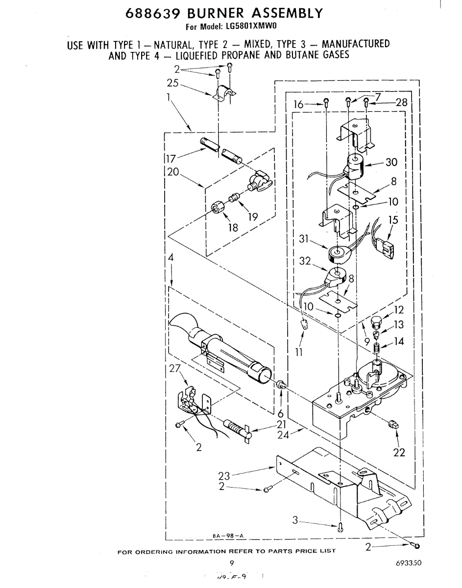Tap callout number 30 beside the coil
tap(391, 162)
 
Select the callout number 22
tap(399, 452)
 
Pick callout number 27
tap(175, 369)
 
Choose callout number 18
tap(232, 227)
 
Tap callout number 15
tap(393, 220)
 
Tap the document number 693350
tap(408, 563)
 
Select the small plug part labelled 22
tap(392, 424)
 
